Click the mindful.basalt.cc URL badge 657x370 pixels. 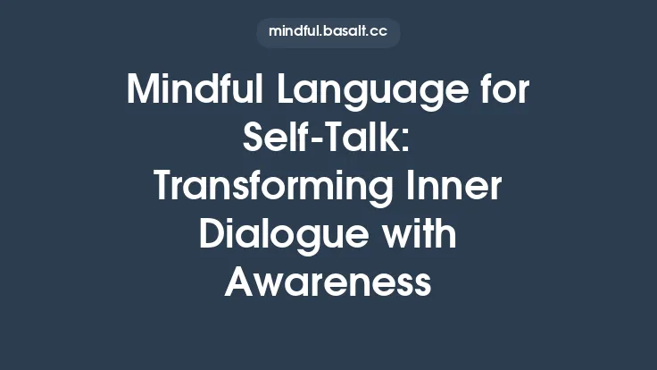pos(328,33)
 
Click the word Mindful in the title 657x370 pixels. pos(182,92)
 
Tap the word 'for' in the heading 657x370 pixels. pos(500,92)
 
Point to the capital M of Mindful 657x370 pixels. pos(142,92)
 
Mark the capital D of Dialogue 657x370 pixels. pos(212,235)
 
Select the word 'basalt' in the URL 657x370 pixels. pos(344,33)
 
